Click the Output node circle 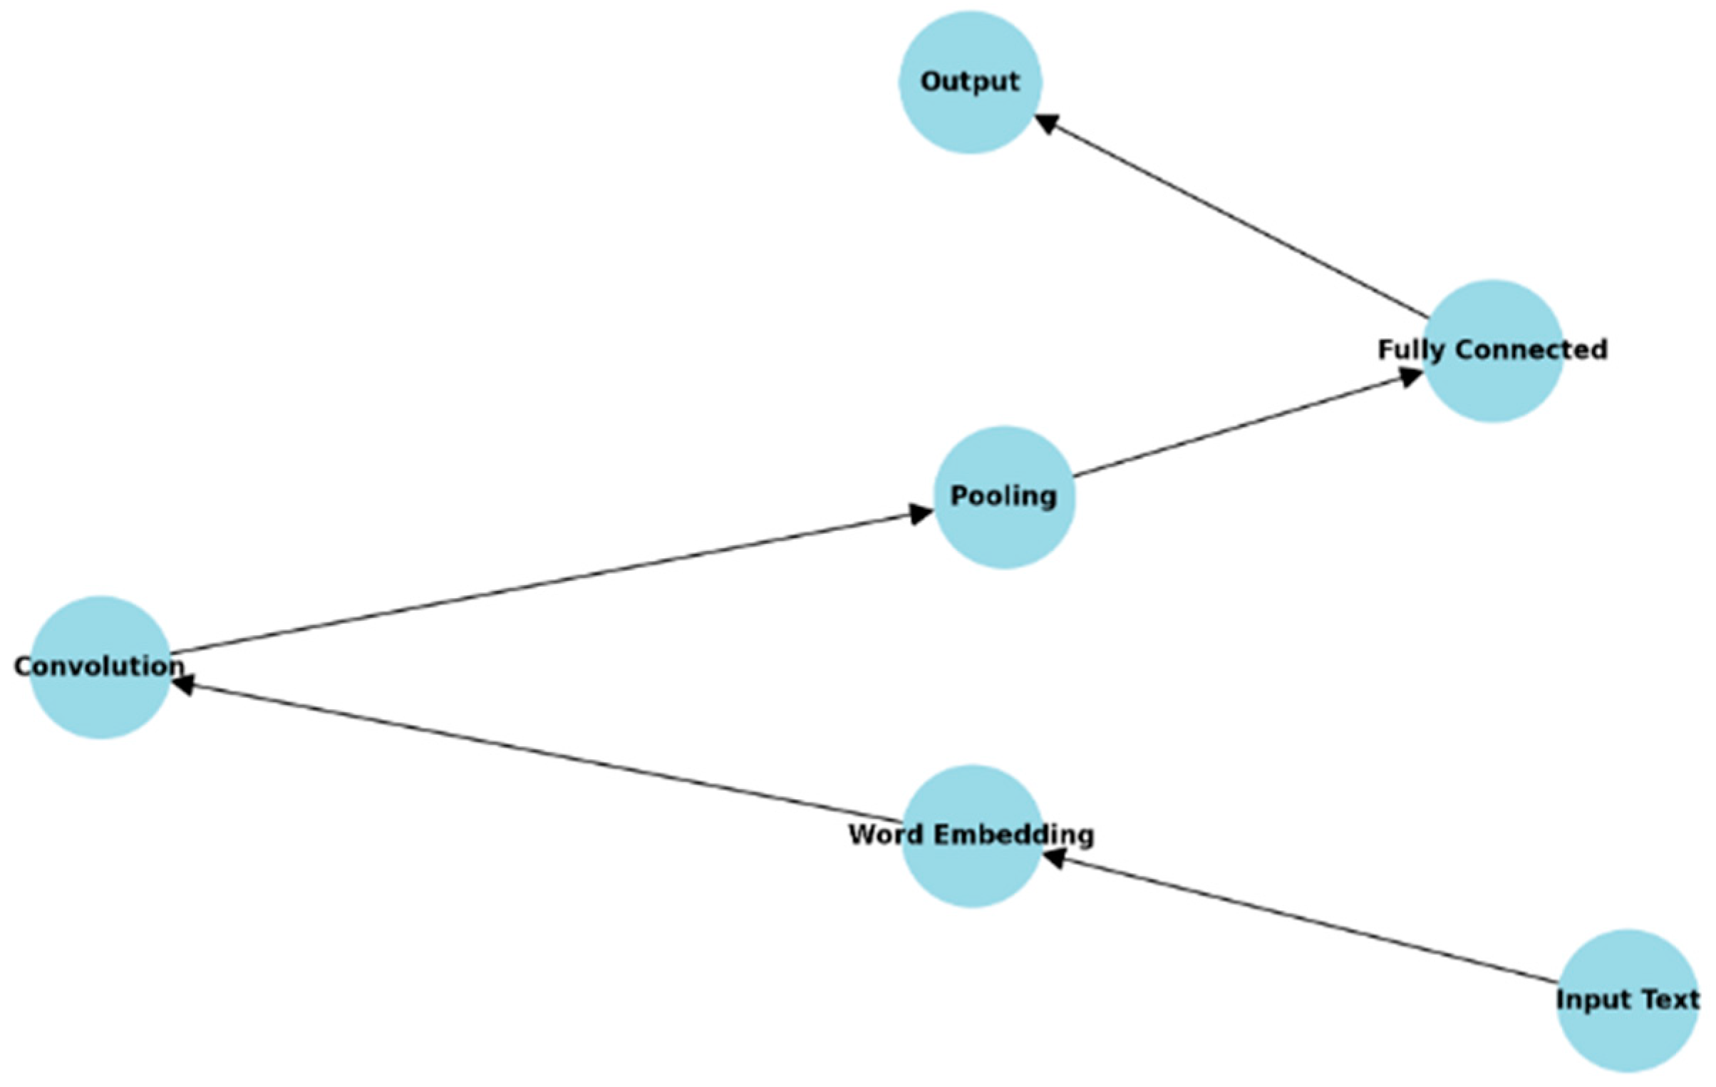pyautogui.click(x=970, y=114)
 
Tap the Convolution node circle pyautogui.click(x=100, y=702)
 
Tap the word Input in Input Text pyautogui.click(x=1586, y=1000)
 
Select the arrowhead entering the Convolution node pyautogui.click(x=184, y=685)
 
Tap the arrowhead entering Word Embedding pyautogui.click(x=1053, y=857)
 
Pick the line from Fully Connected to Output pyautogui.click(x=1233, y=223)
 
